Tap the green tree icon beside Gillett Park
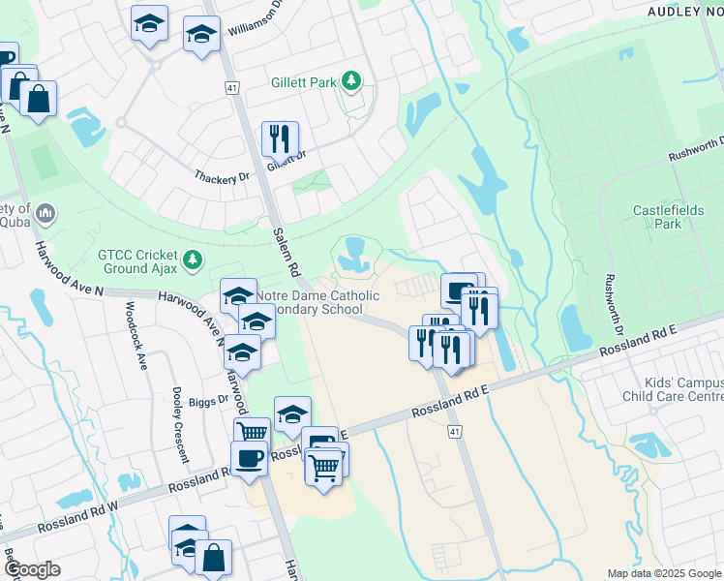click(x=353, y=81)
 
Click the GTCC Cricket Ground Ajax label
click(x=136, y=261)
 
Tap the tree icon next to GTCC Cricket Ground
click(x=194, y=259)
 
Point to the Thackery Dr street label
click(x=222, y=177)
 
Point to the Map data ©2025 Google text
click(x=664, y=573)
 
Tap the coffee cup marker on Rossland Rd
click(x=249, y=457)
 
